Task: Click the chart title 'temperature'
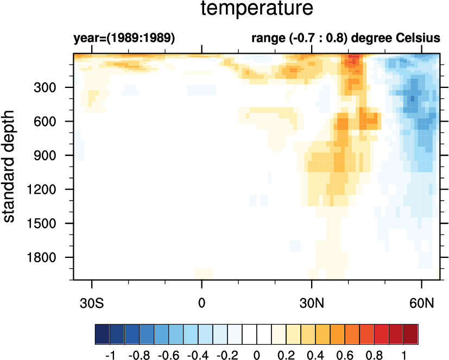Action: click(257, 9)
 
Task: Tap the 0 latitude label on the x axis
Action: click(202, 301)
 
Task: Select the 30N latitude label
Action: click(312, 301)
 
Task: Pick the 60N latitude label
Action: click(422, 301)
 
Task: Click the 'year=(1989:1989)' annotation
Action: click(124, 39)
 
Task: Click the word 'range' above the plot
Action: click(265, 39)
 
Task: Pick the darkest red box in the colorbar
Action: click(411, 332)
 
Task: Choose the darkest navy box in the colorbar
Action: click(102, 332)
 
